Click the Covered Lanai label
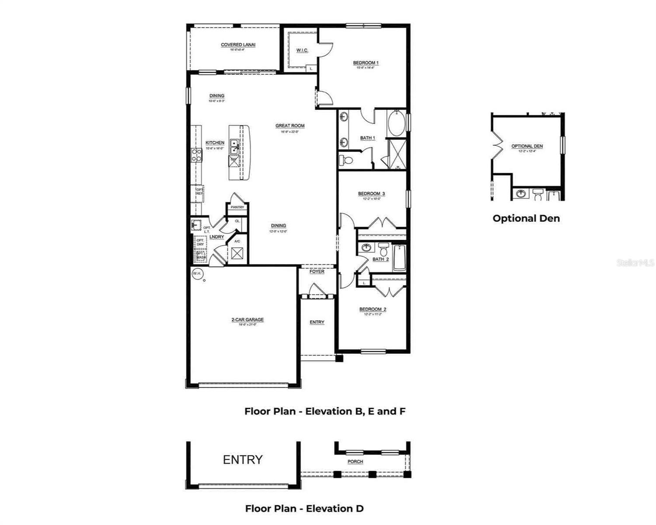click(x=238, y=45)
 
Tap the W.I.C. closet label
click(x=302, y=50)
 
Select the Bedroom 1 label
click(x=366, y=63)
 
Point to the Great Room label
click(x=290, y=126)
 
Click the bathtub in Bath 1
click(x=397, y=124)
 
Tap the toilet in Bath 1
click(x=346, y=161)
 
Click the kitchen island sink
click(x=235, y=147)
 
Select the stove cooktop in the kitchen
click(x=196, y=155)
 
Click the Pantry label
click(x=237, y=207)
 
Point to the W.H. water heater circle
click(x=197, y=274)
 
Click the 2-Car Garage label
click(x=248, y=320)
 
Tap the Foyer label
click(x=317, y=272)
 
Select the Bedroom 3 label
click(x=371, y=194)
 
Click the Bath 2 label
click(x=380, y=259)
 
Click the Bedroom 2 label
click(x=373, y=310)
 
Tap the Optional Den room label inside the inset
click(x=527, y=146)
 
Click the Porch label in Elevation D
click(x=355, y=462)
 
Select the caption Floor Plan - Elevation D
click(x=304, y=508)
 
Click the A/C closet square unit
click(x=238, y=253)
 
